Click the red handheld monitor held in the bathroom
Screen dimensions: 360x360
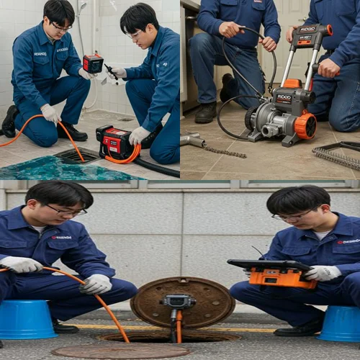coord(93,63)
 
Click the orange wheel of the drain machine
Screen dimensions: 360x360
coord(305,125)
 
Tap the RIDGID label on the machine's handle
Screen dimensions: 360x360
coord(308,30)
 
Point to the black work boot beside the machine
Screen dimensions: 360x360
coord(207,112)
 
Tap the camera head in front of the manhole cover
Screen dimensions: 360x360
coord(179,302)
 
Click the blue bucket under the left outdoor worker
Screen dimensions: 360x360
coord(27,319)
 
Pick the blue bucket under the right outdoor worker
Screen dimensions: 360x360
coord(340,324)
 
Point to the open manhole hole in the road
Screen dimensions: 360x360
coord(169,336)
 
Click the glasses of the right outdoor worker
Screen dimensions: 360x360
coord(292,216)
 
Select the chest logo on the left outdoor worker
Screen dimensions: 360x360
coord(62,237)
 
